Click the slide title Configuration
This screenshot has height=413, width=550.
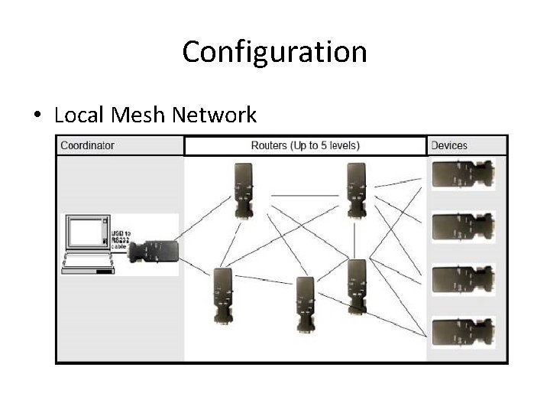(x=274, y=52)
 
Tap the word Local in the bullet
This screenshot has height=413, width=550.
(x=80, y=115)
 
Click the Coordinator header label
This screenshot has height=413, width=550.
(x=87, y=145)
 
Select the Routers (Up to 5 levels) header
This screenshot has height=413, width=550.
(x=305, y=145)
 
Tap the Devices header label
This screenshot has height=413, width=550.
(x=449, y=145)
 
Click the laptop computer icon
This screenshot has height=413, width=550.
(x=87, y=244)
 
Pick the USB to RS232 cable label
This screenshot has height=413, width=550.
(x=121, y=239)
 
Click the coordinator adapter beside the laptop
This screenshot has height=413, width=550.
(x=154, y=251)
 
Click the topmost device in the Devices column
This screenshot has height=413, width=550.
(x=463, y=174)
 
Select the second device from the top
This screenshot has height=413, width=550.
(x=463, y=226)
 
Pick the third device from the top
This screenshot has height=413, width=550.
(x=463, y=279)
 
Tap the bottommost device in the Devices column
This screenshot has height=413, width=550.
(x=463, y=332)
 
